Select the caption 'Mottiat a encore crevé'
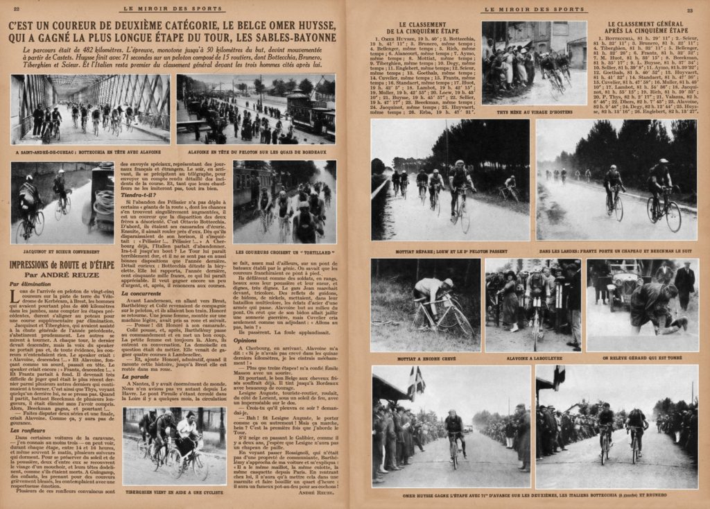[425, 359]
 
